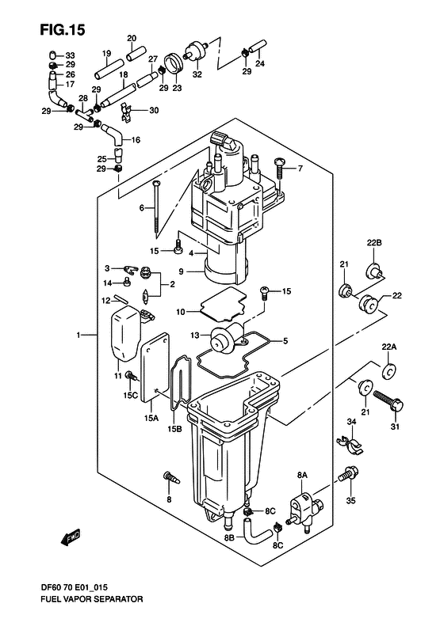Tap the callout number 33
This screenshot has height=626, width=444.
pos(70,54)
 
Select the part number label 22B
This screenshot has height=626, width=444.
pos(374,242)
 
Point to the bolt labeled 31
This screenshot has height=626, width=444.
pos(388,401)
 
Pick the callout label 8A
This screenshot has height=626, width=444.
pos(301,474)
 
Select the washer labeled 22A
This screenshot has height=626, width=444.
pos(389,370)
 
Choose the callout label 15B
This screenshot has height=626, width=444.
pos(173,430)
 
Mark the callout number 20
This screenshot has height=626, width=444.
pos(132,38)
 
